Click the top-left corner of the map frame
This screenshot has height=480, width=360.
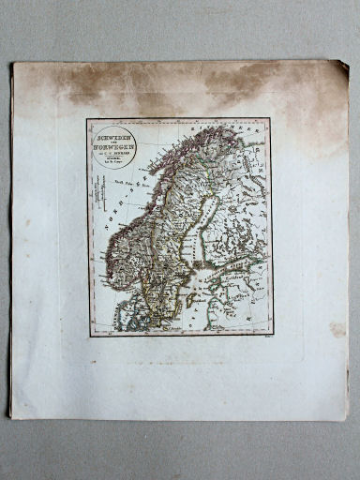87,119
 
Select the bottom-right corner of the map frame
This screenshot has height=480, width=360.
272,335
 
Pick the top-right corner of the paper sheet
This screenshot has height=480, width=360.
348,61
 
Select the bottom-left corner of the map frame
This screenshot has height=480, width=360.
90,336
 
